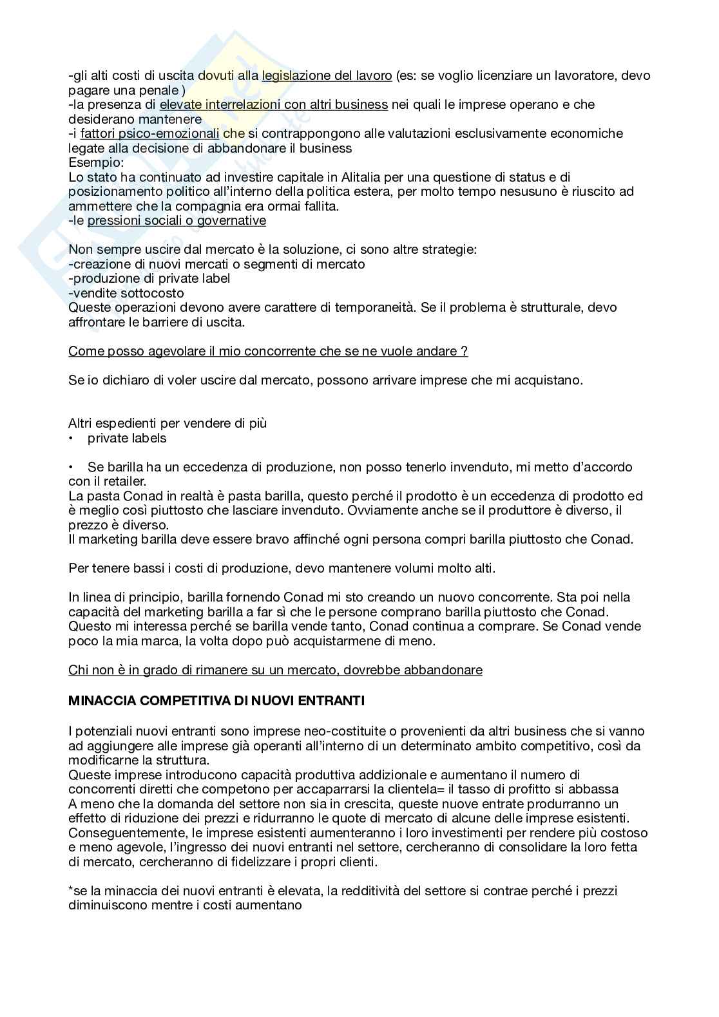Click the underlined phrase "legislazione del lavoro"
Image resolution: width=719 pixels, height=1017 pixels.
click(327, 75)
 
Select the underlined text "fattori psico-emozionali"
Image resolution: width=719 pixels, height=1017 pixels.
click(149, 133)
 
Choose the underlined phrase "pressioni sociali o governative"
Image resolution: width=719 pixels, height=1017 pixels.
click(177, 220)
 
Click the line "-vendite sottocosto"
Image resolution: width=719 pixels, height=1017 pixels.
click(126, 293)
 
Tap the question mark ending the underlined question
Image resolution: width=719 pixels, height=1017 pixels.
click(464, 351)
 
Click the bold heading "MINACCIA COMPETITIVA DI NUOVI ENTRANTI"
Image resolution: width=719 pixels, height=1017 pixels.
click(216, 701)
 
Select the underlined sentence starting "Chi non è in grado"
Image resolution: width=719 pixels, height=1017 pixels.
click(275, 670)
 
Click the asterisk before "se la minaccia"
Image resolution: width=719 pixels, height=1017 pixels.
click(70, 891)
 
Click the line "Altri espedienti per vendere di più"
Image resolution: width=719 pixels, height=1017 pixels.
click(168, 423)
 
